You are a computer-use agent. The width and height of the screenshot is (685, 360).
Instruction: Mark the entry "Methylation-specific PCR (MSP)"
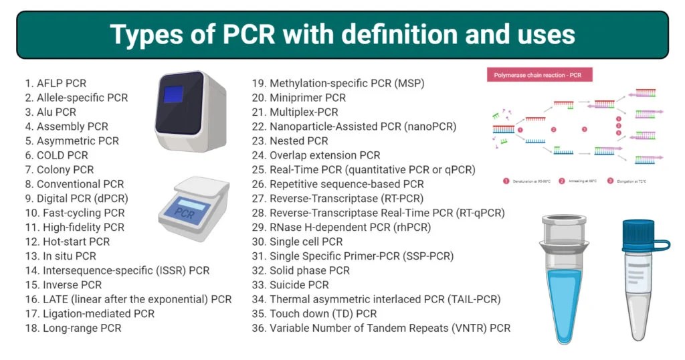338,84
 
